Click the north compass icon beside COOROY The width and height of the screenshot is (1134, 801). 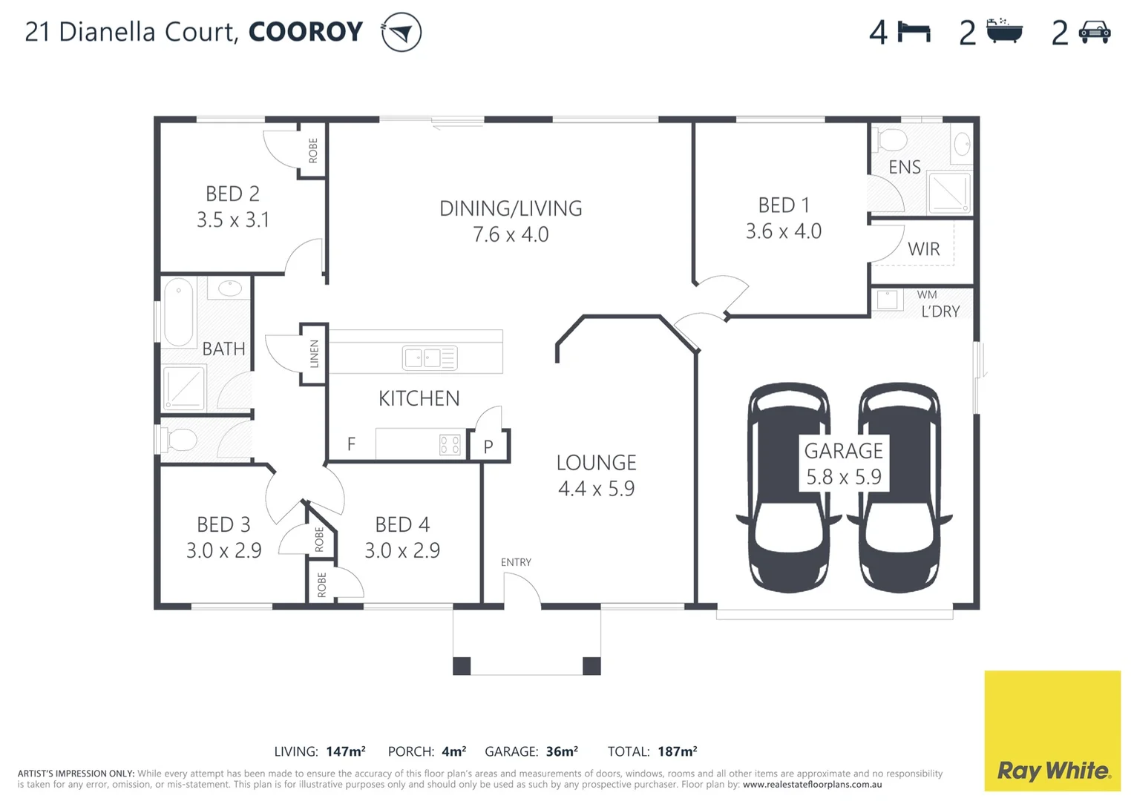[401, 33]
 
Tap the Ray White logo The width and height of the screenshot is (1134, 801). [1052, 731]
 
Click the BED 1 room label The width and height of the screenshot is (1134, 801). [783, 205]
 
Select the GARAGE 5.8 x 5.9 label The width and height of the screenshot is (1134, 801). [844, 464]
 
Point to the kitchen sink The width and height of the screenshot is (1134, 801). [429, 358]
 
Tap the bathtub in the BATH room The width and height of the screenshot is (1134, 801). [178, 312]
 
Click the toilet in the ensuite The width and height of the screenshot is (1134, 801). [890, 139]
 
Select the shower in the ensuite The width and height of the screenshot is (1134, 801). [949, 192]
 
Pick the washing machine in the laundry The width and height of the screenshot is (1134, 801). [888, 300]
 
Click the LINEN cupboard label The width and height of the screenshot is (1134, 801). [314, 354]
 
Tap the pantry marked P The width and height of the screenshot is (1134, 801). [488, 446]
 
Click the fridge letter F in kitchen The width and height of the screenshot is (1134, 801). [351, 444]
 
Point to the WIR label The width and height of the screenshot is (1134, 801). [923, 249]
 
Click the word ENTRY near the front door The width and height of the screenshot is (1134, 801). [516, 562]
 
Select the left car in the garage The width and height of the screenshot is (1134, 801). [788, 487]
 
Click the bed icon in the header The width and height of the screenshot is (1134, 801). [914, 33]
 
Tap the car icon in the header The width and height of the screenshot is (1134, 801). [1094, 33]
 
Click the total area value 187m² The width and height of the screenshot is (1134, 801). [677, 751]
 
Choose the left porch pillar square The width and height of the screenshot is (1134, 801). [462, 666]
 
